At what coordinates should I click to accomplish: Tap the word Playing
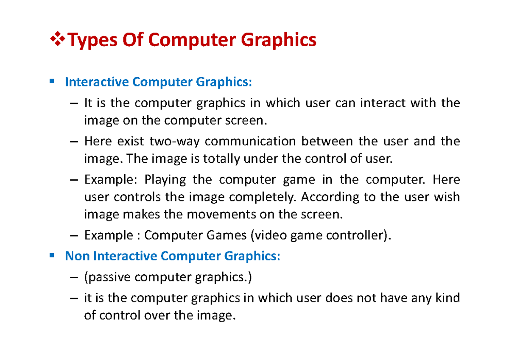click(165, 180)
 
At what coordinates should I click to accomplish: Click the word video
click(270, 235)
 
